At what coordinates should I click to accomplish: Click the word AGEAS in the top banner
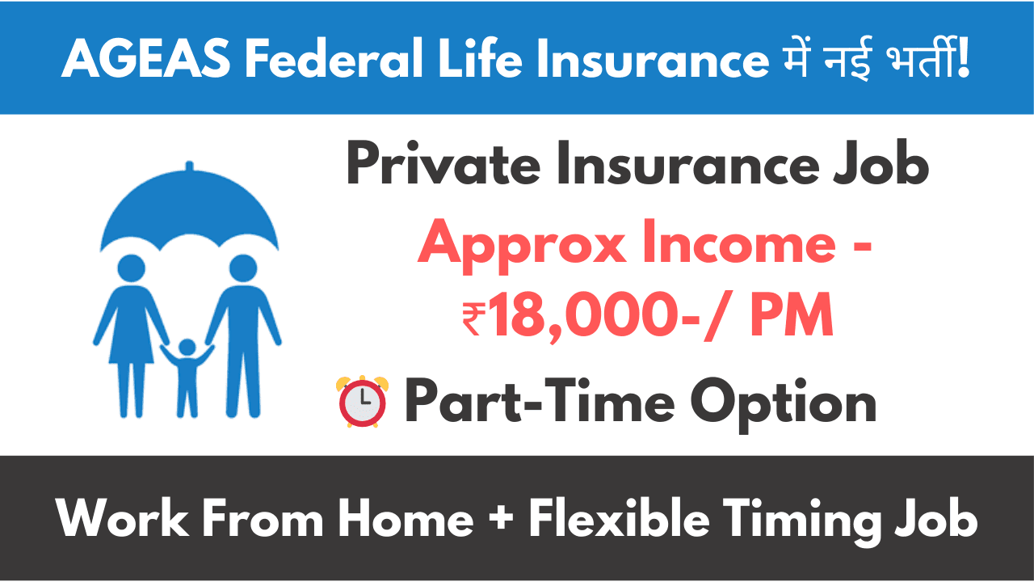point(146,59)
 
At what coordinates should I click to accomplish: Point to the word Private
point(443,163)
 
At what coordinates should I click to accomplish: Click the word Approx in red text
point(522,247)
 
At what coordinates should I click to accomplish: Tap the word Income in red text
point(739,243)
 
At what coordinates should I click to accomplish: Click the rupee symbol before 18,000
point(473,318)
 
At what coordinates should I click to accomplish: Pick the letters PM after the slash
point(792,314)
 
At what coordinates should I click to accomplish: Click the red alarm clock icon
point(363,401)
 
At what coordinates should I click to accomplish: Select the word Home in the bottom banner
point(406,518)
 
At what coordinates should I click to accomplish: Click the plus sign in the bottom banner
point(501,518)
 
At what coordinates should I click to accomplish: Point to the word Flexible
point(619,517)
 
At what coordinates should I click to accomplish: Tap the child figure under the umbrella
point(187,377)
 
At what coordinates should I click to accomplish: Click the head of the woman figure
point(132,268)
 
